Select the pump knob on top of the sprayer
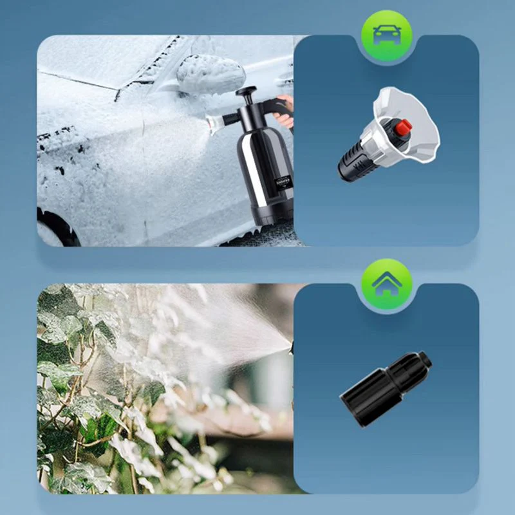tap(246, 92)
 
